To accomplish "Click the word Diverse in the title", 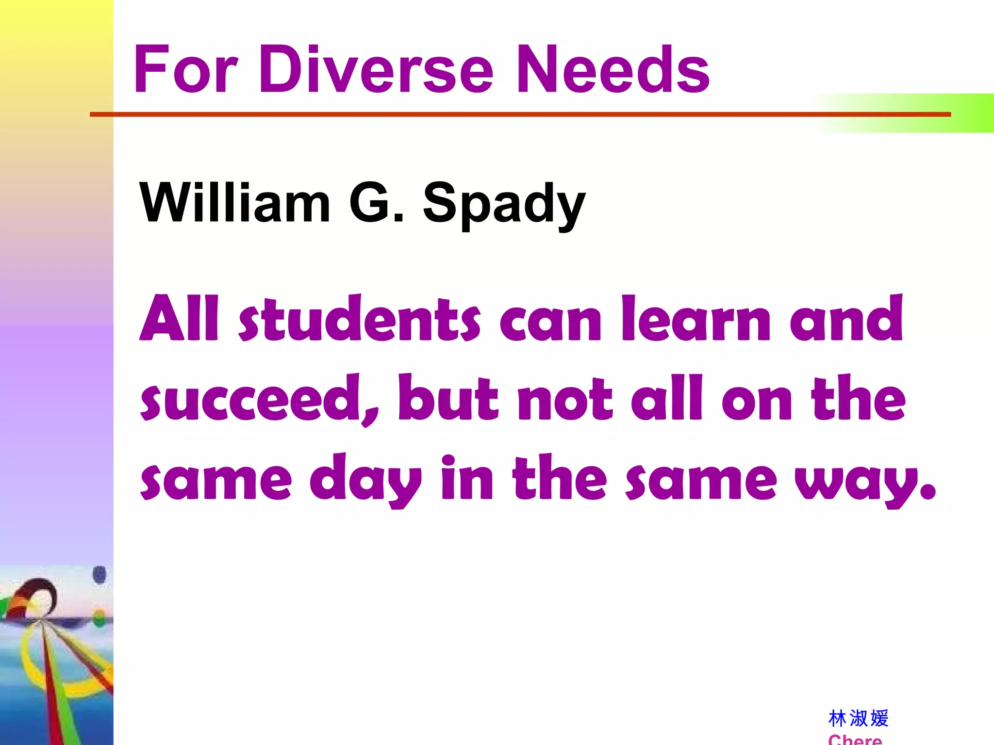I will pyautogui.click(x=376, y=69).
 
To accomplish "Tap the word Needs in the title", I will pyautogui.click(x=613, y=69).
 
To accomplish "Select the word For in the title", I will pyautogui.click(x=186, y=69).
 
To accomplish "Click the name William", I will pyautogui.click(x=235, y=202).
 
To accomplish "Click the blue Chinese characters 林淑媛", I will pyautogui.click(x=858, y=718).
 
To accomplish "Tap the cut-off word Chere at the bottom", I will pyautogui.click(x=855, y=740).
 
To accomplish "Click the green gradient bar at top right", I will pyautogui.click(x=922, y=113).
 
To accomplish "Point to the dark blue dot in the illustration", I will pyautogui.click(x=99, y=575).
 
